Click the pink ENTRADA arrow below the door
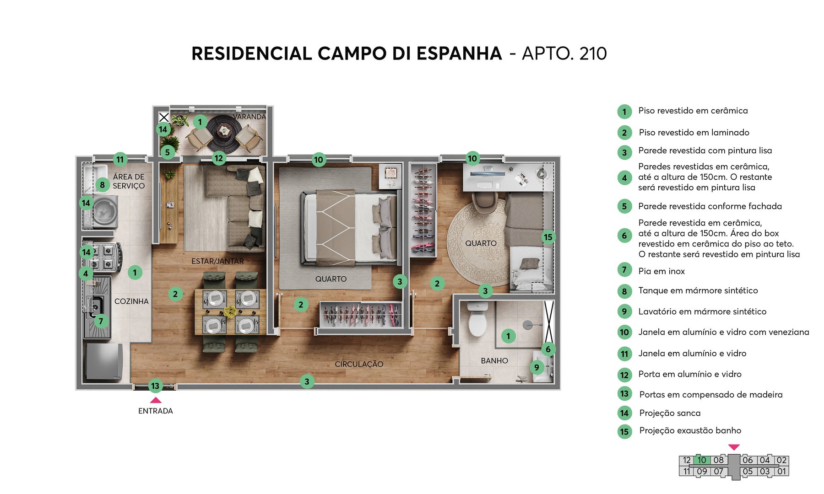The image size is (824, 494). click(156, 400)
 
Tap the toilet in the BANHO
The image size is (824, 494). click(477, 320)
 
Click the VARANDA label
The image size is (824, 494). click(249, 117)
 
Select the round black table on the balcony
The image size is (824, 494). click(224, 131)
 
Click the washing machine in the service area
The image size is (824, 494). click(105, 212)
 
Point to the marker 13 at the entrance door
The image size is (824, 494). click(155, 386)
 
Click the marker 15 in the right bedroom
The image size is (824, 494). click(548, 237)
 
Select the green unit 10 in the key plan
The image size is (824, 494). click(702, 460)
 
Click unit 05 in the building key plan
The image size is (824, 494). click(748, 471)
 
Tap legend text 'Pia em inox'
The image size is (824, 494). click(661, 271)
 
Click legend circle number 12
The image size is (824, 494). click(624, 375)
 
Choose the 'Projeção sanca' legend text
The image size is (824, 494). click(670, 413)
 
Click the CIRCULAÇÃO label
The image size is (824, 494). click(359, 364)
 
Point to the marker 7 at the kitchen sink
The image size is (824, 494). click(101, 321)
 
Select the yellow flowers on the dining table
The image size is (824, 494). click(230, 311)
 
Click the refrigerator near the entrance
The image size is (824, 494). click(104, 361)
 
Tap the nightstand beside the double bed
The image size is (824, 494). click(390, 177)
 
